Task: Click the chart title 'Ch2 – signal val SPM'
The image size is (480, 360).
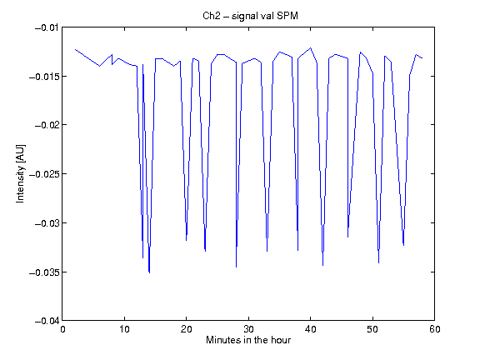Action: tap(250, 16)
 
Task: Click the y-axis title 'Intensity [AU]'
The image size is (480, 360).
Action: tap(20, 173)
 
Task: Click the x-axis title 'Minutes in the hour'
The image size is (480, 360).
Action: tap(248, 340)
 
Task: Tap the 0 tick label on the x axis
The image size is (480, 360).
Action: tap(62, 329)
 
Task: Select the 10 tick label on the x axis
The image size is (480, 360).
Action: tap(124, 329)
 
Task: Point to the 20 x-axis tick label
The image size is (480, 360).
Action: tap(186, 329)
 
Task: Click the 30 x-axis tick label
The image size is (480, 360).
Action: tap(248, 329)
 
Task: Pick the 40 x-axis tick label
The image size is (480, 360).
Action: tap(310, 329)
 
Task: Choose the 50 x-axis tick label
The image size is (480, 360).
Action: tap(372, 329)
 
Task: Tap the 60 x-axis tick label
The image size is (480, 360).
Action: tap(435, 329)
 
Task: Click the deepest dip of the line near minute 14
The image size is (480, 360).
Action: tap(149, 272)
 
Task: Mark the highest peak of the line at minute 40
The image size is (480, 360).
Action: tap(311, 47)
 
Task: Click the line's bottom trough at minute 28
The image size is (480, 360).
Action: tap(236, 267)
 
